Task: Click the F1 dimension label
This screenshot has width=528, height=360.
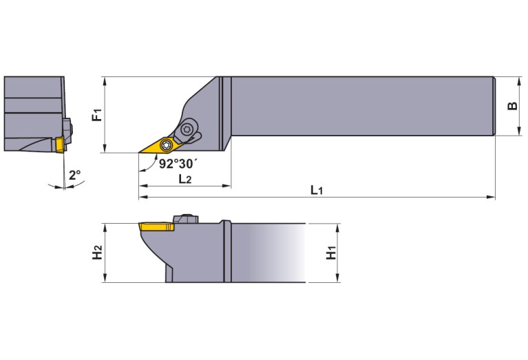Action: tap(96, 114)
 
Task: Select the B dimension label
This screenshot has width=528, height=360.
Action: tap(511, 106)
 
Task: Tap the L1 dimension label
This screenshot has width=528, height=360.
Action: tap(316, 189)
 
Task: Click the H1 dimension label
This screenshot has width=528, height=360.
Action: tap(331, 253)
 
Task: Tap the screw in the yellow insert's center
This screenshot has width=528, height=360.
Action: tap(166, 145)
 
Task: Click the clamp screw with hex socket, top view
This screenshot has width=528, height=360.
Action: tap(189, 129)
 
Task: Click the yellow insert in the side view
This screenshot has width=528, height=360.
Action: tap(156, 226)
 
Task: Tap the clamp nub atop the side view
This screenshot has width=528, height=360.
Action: tap(185, 218)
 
